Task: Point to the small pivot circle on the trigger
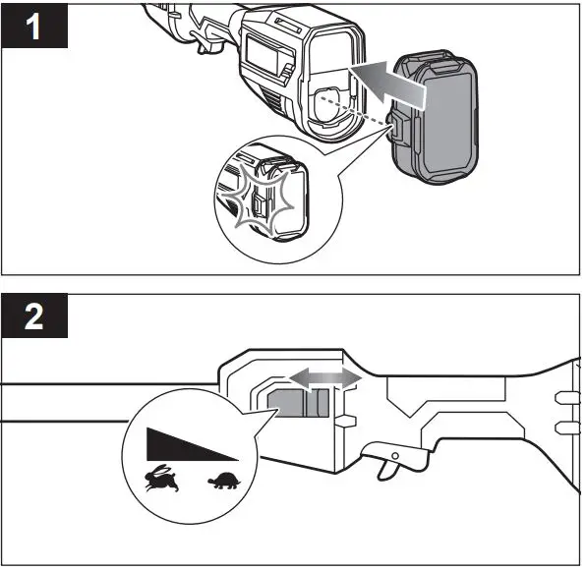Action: pyautogui.click(x=395, y=453)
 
